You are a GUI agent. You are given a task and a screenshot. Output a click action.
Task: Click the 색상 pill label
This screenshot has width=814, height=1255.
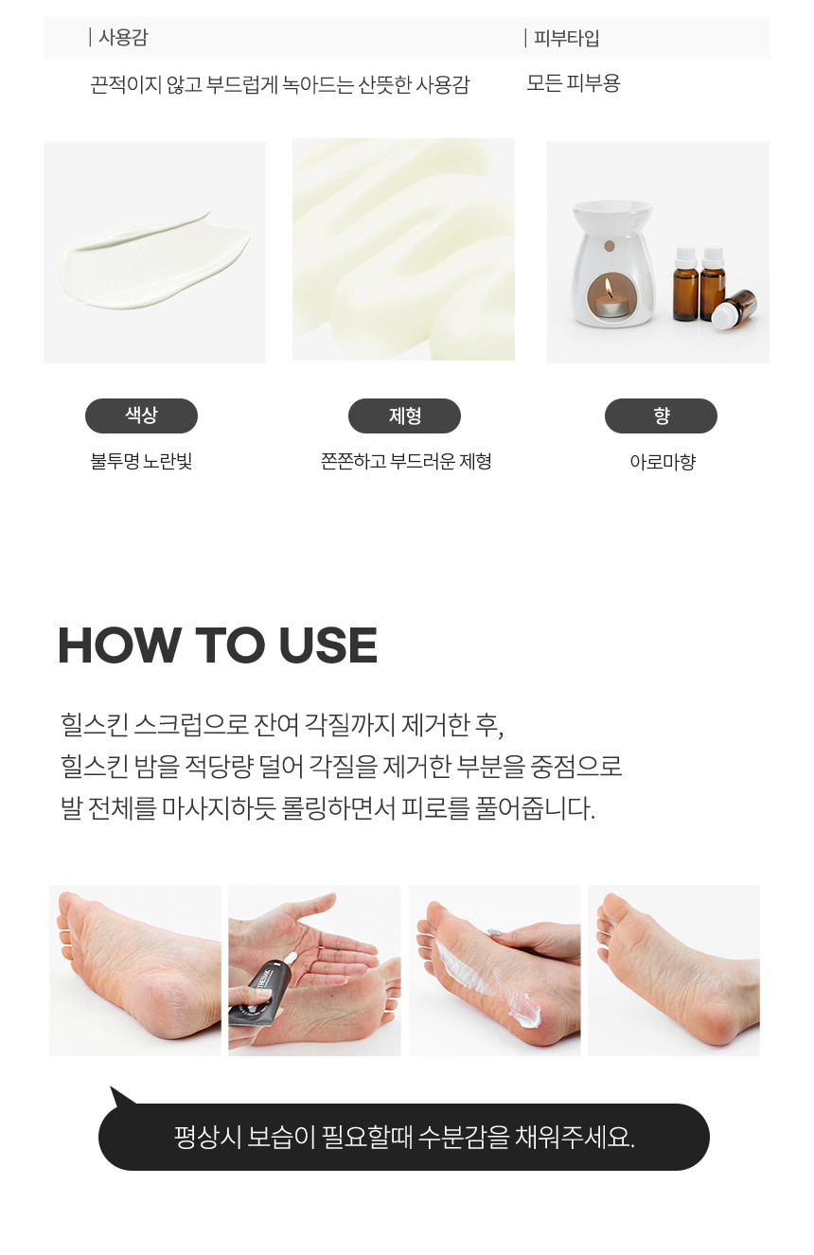(x=141, y=415)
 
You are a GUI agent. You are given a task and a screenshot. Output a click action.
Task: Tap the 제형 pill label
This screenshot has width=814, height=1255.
(x=404, y=415)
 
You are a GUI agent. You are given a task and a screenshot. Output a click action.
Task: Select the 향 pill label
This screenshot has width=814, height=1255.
(x=661, y=415)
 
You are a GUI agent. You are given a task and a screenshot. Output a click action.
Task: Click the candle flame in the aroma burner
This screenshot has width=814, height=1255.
(x=609, y=288)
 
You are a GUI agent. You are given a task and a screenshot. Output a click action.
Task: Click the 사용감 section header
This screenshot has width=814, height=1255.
(x=123, y=38)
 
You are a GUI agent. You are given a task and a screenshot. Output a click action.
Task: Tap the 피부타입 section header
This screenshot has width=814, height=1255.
(x=566, y=38)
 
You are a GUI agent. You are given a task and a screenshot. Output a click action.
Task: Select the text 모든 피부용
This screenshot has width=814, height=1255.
(x=573, y=83)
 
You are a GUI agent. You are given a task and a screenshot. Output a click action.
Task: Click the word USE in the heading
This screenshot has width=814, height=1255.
(x=327, y=645)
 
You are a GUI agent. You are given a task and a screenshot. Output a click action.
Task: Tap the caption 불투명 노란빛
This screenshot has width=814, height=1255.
(x=141, y=462)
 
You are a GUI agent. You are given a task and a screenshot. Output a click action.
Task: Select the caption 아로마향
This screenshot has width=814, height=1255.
(x=663, y=462)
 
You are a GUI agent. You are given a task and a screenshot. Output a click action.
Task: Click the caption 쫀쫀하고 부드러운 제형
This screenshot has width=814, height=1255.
(x=406, y=462)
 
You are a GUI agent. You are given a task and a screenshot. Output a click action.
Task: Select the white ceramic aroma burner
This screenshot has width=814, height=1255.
(x=611, y=263)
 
